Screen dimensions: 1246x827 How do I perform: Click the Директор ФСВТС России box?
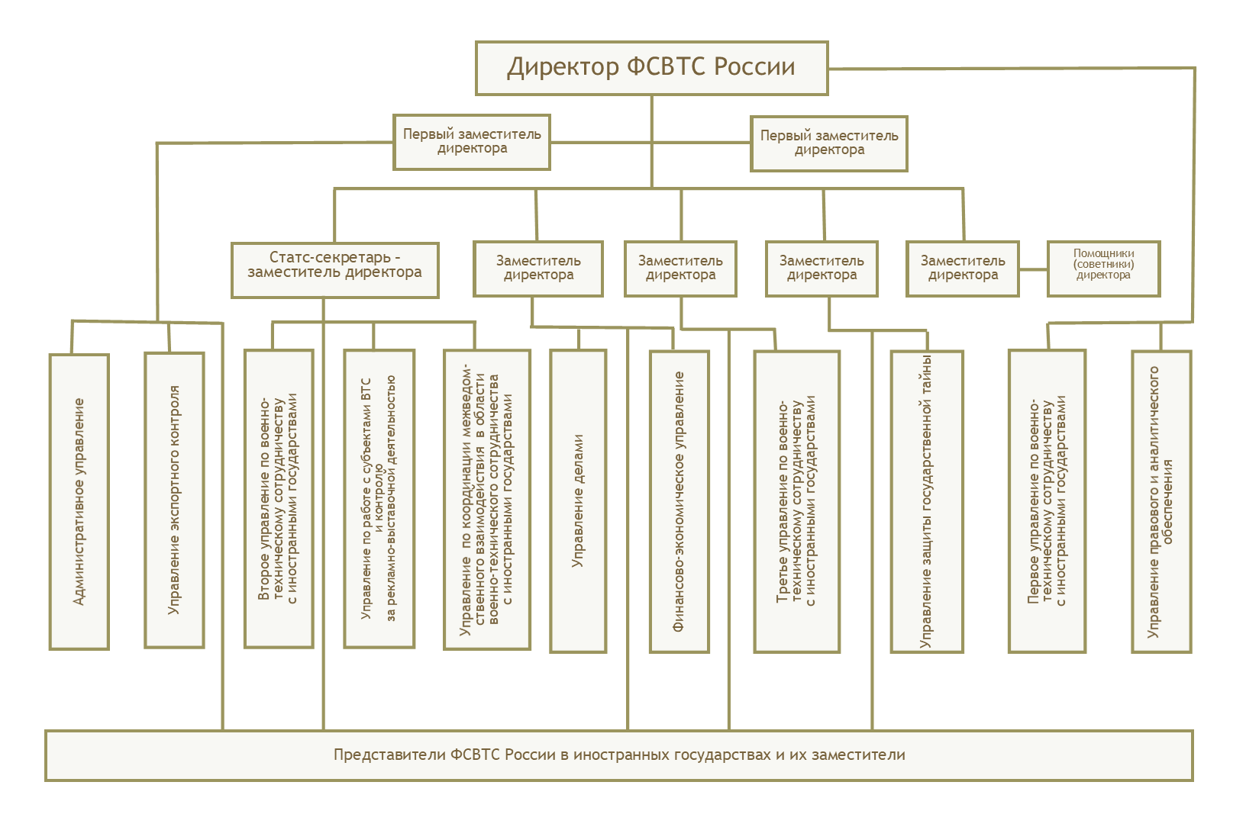click(x=651, y=68)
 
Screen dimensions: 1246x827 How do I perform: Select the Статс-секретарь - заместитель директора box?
click(x=335, y=270)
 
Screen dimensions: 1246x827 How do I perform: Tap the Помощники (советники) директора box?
click(x=1103, y=269)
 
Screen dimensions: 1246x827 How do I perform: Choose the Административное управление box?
click(x=79, y=501)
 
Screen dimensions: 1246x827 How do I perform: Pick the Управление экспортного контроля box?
click(x=174, y=500)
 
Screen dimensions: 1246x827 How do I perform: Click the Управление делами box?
click(x=578, y=500)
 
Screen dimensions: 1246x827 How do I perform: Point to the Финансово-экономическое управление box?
click(x=679, y=501)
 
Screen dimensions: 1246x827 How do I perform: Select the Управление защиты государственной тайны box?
click(x=927, y=501)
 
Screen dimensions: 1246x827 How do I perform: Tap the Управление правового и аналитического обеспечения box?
click(x=1161, y=501)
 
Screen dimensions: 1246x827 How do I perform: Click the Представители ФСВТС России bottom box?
click(x=619, y=755)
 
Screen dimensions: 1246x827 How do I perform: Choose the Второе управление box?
click(x=279, y=498)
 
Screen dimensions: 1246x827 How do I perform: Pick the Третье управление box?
click(x=796, y=501)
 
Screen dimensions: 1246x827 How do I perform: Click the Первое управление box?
click(x=1047, y=500)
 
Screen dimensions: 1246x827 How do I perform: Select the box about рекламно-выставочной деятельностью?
click(x=379, y=498)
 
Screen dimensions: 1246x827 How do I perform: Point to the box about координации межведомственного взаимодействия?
click(x=487, y=499)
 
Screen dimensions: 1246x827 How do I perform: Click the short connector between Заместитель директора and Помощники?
click(x=1034, y=269)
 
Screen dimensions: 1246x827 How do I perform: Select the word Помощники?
click(x=1103, y=253)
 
